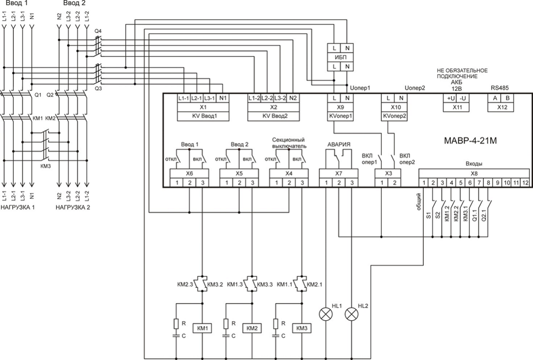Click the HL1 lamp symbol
click(324, 314)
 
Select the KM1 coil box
click(202, 328)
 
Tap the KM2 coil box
click(252, 328)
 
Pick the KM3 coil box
click(302, 328)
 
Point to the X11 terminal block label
click(457, 107)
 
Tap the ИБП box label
click(340, 56)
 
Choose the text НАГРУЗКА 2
click(73, 207)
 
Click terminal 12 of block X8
click(526, 183)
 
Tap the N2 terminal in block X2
click(293, 98)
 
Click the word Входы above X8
click(474, 164)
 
